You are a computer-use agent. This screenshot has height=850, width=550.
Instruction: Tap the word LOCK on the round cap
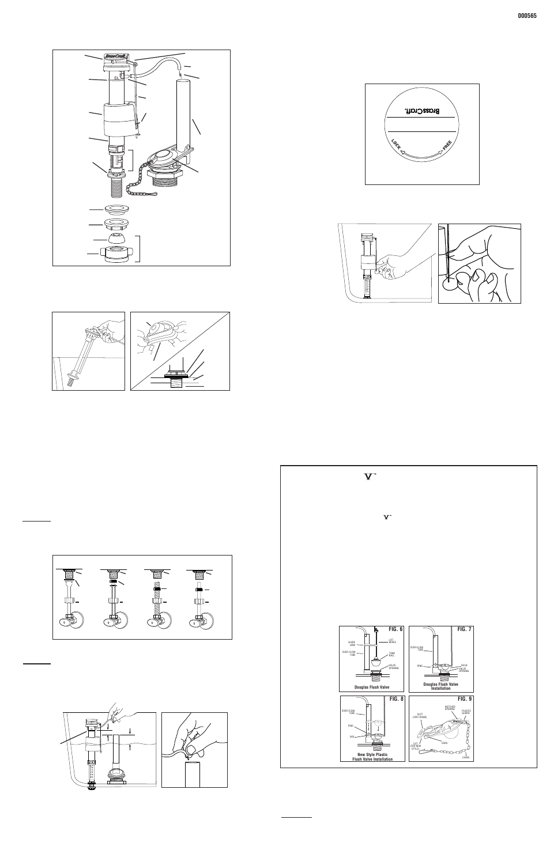pyautogui.click(x=396, y=145)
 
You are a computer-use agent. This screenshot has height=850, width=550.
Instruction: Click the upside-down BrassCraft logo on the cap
pyautogui.click(x=421, y=108)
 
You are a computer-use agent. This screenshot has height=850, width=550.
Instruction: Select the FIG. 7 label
pyautogui.click(x=464, y=629)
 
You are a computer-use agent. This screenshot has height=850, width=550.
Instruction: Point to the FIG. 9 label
pyautogui.click(x=464, y=700)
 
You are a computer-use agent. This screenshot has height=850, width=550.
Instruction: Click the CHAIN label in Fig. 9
pyautogui.click(x=466, y=757)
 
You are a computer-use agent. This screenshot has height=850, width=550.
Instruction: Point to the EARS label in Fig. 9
pyautogui.click(x=444, y=743)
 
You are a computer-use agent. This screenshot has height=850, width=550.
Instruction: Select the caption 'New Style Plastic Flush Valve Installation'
pyautogui.click(x=372, y=757)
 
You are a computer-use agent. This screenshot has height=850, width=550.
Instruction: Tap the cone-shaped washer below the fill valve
pyautogui.click(x=118, y=237)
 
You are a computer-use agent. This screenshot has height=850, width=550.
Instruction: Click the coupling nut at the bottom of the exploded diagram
pyautogui.click(x=119, y=254)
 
